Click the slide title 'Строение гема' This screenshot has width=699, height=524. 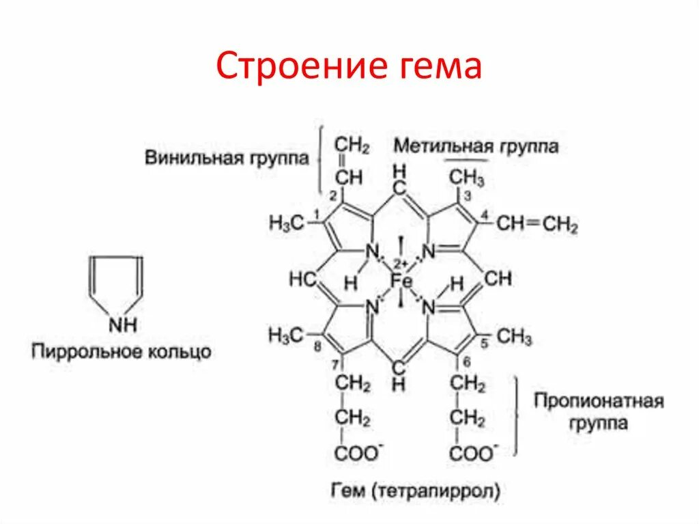pyautogui.click(x=349, y=68)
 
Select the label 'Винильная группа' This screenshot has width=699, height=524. pyautogui.click(x=227, y=158)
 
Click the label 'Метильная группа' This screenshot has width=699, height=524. pyautogui.click(x=476, y=146)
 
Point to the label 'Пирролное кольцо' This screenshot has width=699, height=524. pyautogui.click(x=121, y=353)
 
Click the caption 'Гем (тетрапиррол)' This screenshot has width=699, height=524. pyautogui.click(x=416, y=490)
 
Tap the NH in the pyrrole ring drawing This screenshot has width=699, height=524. pyautogui.click(x=122, y=325)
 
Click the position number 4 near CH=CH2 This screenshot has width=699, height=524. pyautogui.click(x=485, y=217)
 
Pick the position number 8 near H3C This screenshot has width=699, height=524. pyautogui.click(x=317, y=347)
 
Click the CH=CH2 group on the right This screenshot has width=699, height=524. pyautogui.click(x=537, y=224)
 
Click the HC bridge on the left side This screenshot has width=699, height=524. pyautogui.click(x=302, y=279)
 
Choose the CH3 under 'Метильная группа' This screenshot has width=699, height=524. pyautogui.click(x=467, y=179)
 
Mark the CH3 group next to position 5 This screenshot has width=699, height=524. pyautogui.click(x=514, y=336)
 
